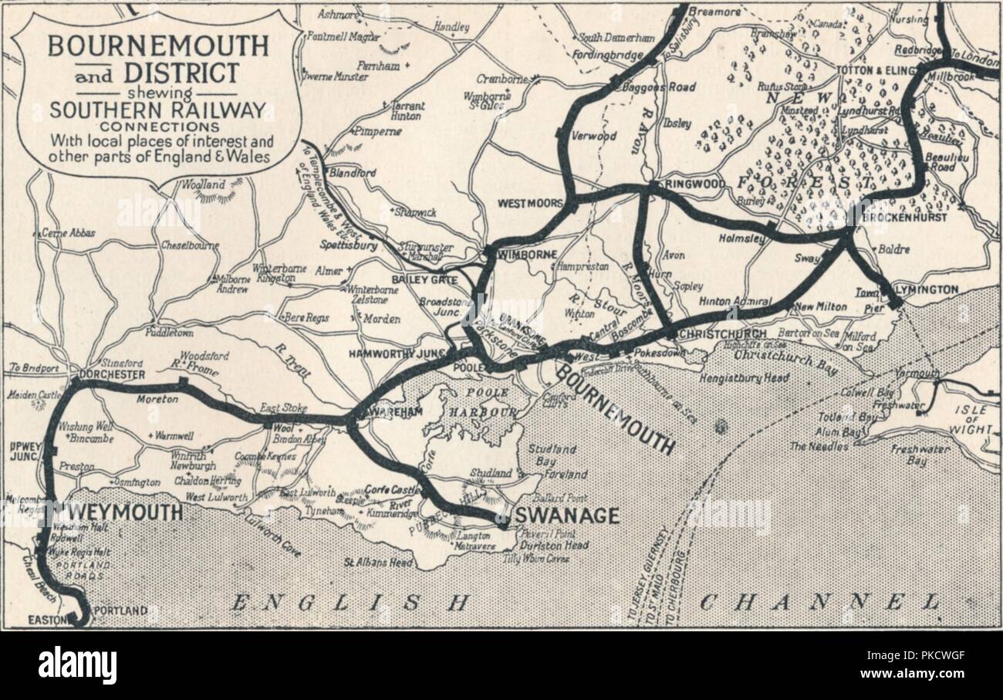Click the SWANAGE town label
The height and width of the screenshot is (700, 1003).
(566, 516)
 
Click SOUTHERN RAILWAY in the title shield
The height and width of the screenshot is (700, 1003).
(157, 110)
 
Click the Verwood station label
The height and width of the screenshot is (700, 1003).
(593, 137)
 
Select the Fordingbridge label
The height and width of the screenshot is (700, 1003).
(608, 55)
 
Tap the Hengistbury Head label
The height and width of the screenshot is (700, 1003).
(744, 378)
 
